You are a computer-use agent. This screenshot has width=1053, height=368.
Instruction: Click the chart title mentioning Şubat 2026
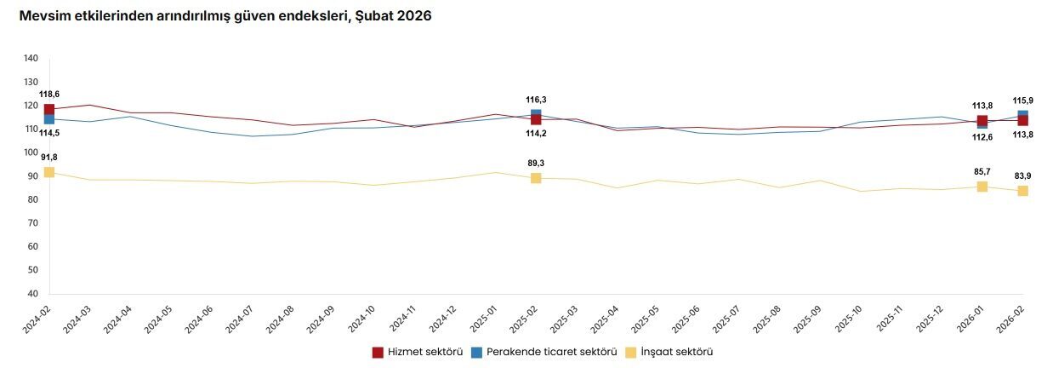pos(225,16)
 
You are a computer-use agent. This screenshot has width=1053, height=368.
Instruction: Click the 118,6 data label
pos(49,94)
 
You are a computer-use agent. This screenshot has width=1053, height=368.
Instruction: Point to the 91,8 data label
pos(49,157)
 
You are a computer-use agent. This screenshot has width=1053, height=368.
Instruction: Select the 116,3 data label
pos(536,100)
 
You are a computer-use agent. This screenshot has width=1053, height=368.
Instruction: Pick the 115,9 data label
pos(1022,101)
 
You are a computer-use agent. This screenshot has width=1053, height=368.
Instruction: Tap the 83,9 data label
pos(1022,175)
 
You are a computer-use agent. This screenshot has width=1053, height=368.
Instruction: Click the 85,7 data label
pos(982,171)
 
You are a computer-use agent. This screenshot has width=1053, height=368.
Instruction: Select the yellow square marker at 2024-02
pos(49,172)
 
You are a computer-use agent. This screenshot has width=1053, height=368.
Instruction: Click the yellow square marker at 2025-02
pos(536,178)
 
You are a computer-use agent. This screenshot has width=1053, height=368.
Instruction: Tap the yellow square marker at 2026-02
pos(1022,191)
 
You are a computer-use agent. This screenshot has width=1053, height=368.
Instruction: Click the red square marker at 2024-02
pos(49,110)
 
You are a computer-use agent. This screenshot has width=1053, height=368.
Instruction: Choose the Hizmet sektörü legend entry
pos(417,352)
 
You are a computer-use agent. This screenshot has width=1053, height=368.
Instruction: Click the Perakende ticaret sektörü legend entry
pos(544,352)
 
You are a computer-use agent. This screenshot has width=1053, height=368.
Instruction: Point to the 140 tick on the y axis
pos(31,59)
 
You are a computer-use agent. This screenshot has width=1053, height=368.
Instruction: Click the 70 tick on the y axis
pos(31,223)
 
